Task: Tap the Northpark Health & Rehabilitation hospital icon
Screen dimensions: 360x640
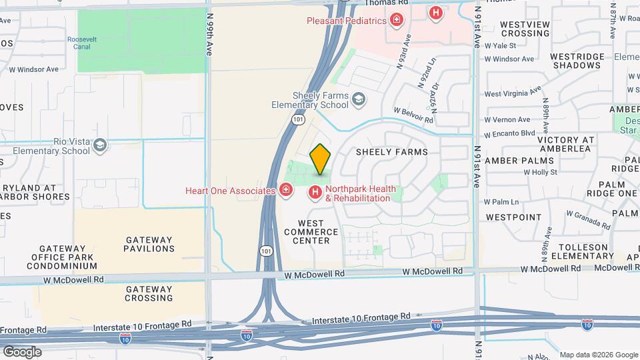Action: (x=315, y=193)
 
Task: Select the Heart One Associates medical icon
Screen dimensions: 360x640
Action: (x=286, y=191)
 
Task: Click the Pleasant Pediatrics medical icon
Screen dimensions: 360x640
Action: (x=397, y=20)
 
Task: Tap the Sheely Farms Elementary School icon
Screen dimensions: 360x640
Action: (x=359, y=100)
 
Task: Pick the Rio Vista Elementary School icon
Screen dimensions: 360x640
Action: (x=100, y=145)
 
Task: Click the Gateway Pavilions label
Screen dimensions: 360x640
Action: (x=149, y=244)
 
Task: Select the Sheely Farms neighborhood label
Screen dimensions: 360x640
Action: (x=391, y=151)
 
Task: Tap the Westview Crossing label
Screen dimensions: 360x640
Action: (x=525, y=29)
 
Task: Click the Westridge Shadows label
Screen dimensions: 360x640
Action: (x=577, y=61)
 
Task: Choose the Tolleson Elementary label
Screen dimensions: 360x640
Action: (x=583, y=251)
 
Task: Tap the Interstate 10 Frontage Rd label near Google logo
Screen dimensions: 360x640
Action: (x=23, y=330)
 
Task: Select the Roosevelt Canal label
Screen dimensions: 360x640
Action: (x=82, y=43)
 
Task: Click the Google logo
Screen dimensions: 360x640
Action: (x=22, y=351)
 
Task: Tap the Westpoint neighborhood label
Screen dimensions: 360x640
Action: (x=514, y=217)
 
